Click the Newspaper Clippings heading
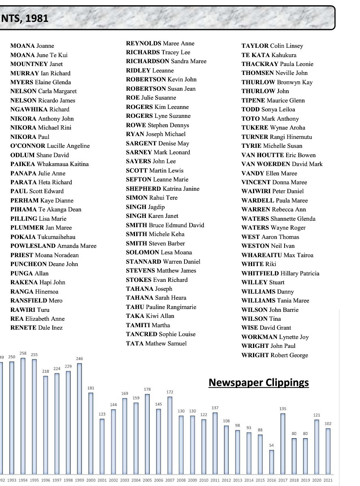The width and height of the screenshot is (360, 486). (259, 383)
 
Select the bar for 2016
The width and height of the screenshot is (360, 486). (272, 462)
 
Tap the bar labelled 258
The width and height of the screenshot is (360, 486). (23, 415)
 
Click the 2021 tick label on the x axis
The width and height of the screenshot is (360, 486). (328, 480)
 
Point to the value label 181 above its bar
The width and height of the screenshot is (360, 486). (91, 388)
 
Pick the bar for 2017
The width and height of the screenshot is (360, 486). (283, 443)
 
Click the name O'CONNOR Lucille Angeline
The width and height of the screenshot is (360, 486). (50, 146)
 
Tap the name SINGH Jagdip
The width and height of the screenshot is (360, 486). (145, 207)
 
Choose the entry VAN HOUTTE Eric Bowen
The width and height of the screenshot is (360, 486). (279, 155)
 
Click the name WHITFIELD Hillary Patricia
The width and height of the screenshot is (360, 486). (280, 273)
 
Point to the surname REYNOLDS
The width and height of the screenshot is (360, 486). (144, 43)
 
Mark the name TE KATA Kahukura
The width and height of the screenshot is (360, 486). (269, 55)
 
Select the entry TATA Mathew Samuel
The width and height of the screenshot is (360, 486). (156, 343)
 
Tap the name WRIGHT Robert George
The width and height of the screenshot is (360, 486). (274, 355)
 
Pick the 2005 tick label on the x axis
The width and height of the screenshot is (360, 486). (147, 480)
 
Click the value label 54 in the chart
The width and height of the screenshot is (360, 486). (272, 446)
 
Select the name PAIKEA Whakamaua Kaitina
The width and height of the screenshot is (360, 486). (49, 164)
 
